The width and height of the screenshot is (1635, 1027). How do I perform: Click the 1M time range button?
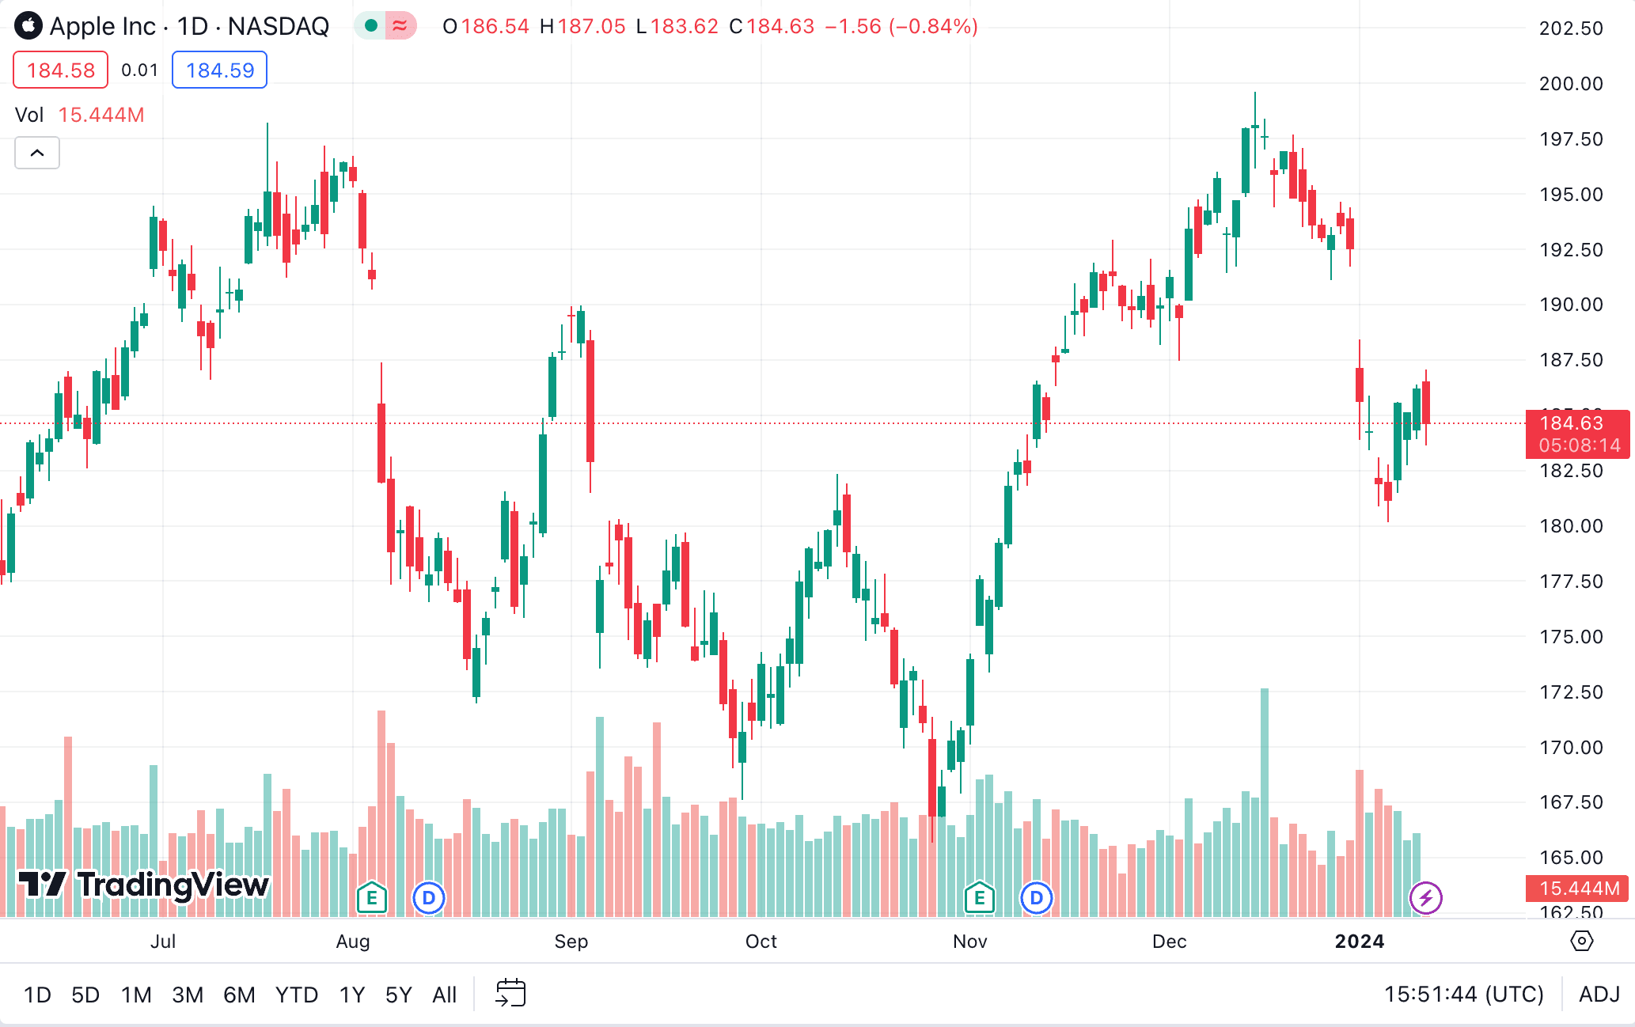pos(136,995)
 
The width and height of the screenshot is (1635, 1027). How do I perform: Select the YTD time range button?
pos(297,995)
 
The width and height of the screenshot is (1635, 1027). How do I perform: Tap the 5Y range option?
pos(399,995)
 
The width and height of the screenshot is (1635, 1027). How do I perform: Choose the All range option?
pos(445,995)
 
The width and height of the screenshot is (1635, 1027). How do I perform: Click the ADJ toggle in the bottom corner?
pos(1599,994)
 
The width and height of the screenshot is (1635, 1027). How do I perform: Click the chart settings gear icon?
pos(1581,941)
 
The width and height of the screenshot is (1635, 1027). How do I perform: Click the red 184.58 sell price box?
pos(61,70)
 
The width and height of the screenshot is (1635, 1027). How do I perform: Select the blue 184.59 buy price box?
pos(220,70)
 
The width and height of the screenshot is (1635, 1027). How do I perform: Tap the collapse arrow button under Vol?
pos(37,153)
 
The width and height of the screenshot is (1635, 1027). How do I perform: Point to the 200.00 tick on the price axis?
pos(1571,84)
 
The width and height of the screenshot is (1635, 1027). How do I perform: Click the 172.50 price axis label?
pos(1571,692)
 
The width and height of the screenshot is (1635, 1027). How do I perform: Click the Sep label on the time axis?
pos(571,942)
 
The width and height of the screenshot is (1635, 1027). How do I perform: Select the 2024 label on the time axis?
pos(1359,942)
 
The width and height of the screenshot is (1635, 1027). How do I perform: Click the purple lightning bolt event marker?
pos(1426,898)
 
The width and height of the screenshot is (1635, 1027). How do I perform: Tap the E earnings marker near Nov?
pos(980,898)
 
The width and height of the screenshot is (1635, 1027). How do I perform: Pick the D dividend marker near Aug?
pos(429,898)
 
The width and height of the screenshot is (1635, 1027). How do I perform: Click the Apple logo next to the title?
pos(28,26)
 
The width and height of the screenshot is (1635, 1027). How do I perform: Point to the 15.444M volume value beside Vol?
pos(101,115)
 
